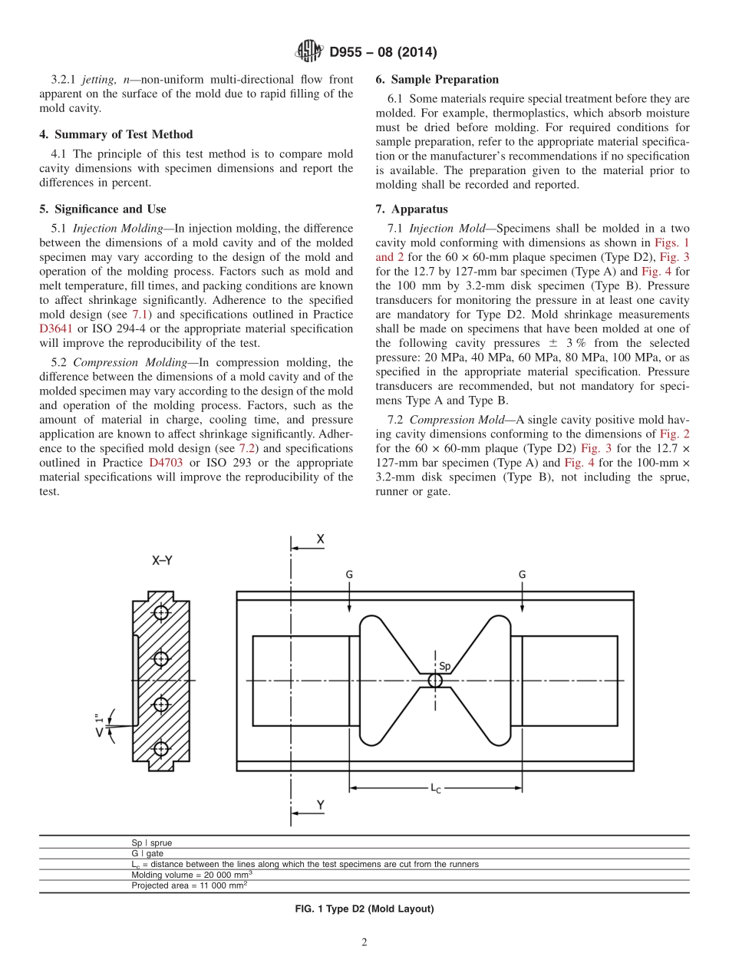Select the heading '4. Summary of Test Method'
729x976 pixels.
click(x=116, y=134)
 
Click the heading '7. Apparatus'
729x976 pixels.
click(x=411, y=209)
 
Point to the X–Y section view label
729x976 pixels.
click(x=161, y=561)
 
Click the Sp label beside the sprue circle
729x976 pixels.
click(x=444, y=665)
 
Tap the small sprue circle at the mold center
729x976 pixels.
click(x=435, y=681)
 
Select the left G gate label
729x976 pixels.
click(x=350, y=574)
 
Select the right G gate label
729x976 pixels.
click(x=522, y=574)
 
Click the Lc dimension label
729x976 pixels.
click(x=435, y=787)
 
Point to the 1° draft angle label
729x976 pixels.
click(x=99, y=724)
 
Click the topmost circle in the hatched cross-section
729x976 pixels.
click(x=160, y=612)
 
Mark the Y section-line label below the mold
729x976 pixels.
click(x=321, y=805)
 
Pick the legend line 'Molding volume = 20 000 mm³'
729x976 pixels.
click(x=192, y=874)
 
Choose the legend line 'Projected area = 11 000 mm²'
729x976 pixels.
click(x=189, y=885)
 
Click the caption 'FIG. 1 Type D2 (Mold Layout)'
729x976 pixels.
click(x=364, y=909)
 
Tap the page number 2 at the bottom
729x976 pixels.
click(x=364, y=943)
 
